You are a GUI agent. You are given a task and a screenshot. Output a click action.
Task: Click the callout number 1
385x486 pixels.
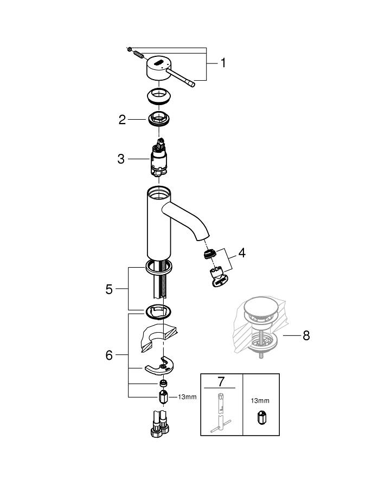(x=223, y=63)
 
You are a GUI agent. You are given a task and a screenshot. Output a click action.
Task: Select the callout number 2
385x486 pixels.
(x=123, y=120)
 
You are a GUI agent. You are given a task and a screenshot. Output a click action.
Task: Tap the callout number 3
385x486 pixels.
(x=121, y=159)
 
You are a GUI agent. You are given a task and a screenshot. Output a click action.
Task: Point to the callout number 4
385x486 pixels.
(x=242, y=252)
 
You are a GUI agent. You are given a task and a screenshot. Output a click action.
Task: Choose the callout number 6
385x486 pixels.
(x=109, y=355)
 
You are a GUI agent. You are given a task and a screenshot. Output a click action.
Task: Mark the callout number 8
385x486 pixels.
(x=306, y=336)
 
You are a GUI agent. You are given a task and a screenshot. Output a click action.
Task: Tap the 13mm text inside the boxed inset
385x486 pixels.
(x=259, y=401)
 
